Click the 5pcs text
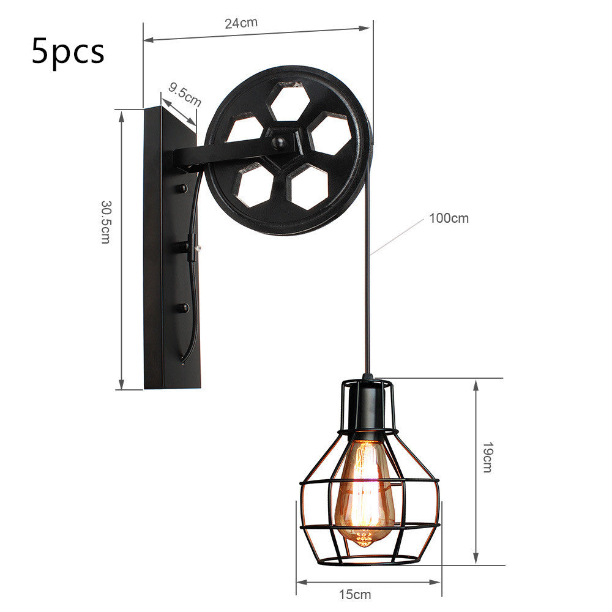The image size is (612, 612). [x=68, y=52]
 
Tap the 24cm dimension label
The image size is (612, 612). [x=241, y=23]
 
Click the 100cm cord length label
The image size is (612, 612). [x=449, y=218]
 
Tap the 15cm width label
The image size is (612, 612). [x=355, y=594]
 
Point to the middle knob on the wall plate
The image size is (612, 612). [x=182, y=247]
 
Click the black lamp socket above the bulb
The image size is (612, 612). [x=367, y=407]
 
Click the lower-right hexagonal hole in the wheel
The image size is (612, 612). [x=309, y=187]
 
